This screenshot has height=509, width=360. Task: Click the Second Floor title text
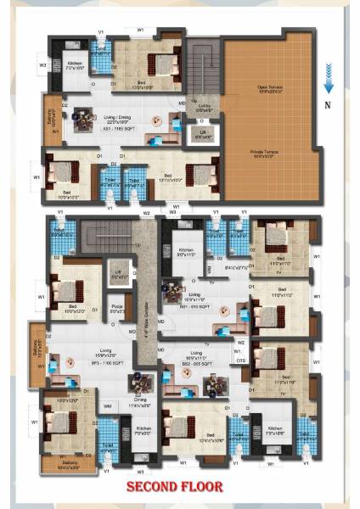click(175, 487)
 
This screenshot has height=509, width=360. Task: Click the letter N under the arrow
click(329, 104)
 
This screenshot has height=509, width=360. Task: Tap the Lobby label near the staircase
click(205, 108)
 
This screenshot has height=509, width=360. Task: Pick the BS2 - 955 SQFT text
click(201, 362)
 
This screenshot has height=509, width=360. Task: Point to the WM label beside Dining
click(108, 406)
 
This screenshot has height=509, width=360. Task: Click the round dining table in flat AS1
click(155, 121)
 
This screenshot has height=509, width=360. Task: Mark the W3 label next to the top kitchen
click(42, 64)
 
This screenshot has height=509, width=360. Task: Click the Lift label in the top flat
click(200, 135)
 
